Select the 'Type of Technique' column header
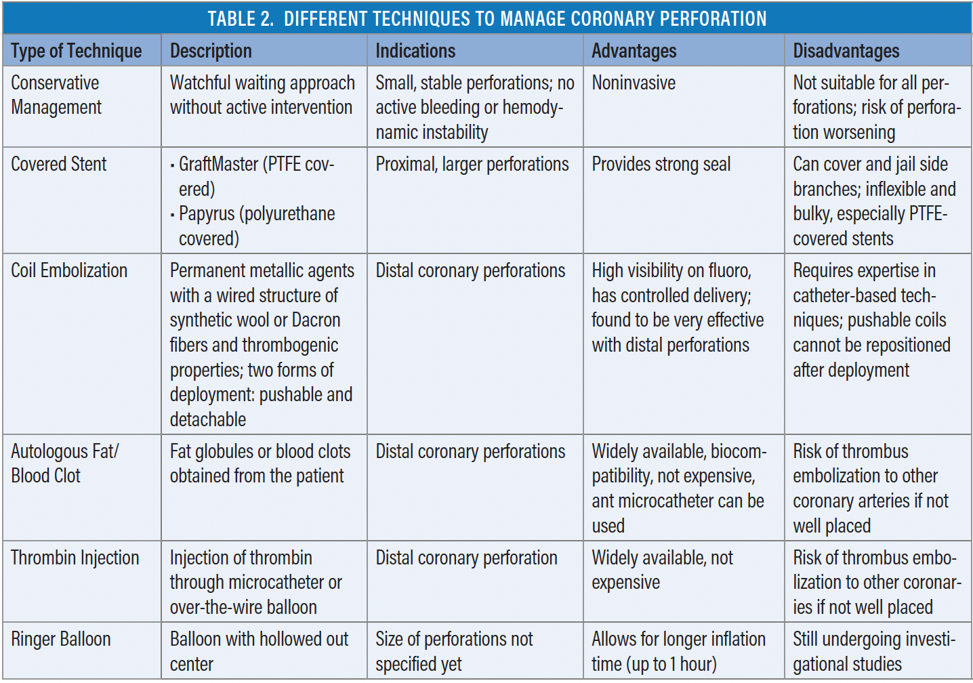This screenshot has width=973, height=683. click(x=77, y=51)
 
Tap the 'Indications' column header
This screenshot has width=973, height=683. click(x=415, y=51)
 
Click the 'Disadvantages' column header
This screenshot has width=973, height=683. click(x=846, y=51)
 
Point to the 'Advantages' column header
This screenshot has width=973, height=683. click(x=634, y=51)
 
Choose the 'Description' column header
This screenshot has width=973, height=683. click(x=211, y=51)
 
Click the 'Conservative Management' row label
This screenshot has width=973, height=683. click(x=56, y=95)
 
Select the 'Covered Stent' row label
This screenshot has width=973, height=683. click(x=59, y=164)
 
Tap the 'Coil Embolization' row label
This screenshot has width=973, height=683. click(x=69, y=270)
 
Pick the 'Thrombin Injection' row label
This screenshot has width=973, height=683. click(x=75, y=558)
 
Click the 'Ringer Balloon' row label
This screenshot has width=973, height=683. click(x=61, y=639)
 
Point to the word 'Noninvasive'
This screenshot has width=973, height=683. click(x=634, y=83)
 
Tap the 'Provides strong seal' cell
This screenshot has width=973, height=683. click(x=661, y=164)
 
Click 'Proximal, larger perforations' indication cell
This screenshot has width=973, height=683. click(x=472, y=164)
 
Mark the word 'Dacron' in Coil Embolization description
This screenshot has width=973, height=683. click(x=316, y=320)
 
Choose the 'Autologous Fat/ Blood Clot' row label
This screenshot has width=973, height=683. click(x=64, y=463)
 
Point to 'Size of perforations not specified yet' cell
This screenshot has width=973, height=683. click(x=454, y=651)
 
